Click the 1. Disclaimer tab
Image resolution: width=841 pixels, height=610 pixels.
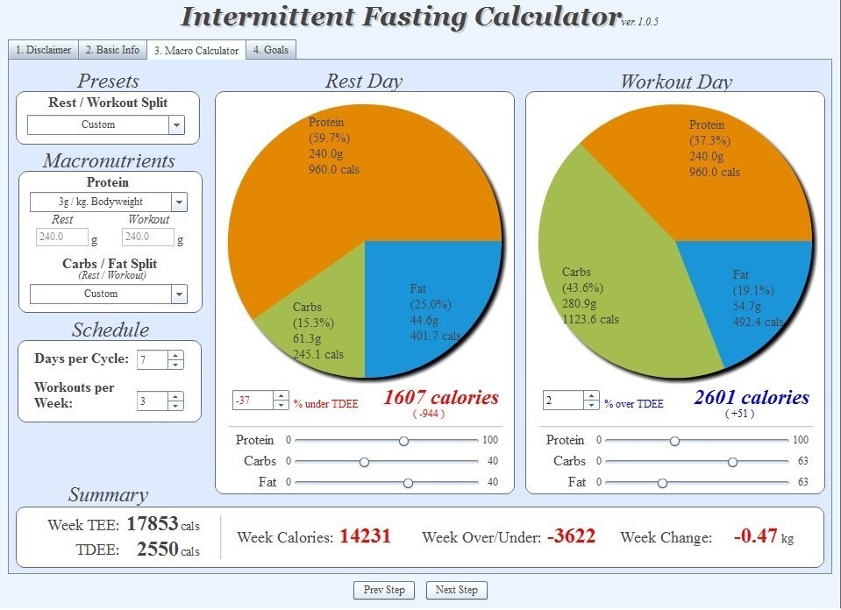click(x=43, y=50)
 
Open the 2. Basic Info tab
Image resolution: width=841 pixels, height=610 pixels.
click(x=112, y=50)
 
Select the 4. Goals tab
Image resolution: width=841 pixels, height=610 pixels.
click(x=270, y=50)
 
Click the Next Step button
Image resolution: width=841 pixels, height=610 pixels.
click(x=456, y=590)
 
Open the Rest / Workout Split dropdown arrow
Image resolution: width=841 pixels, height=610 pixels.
click(x=177, y=125)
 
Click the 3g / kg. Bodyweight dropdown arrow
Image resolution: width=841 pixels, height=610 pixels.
click(x=179, y=202)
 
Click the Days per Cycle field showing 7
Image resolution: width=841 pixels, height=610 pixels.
click(x=151, y=359)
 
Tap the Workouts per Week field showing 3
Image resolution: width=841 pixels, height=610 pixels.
click(x=151, y=401)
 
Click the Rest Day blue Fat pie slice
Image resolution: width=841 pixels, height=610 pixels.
click(x=430, y=307)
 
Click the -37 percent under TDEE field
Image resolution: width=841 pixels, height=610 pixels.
click(x=253, y=401)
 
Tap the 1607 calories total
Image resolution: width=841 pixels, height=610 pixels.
click(x=440, y=398)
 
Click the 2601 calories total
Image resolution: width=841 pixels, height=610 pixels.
click(x=751, y=398)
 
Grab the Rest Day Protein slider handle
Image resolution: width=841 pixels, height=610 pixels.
click(x=403, y=441)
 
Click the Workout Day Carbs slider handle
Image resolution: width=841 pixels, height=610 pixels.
click(x=732, y=462)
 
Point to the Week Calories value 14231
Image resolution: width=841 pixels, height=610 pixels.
click(x=364, y=536)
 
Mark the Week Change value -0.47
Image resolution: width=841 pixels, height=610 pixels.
click(x=755, y=536)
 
